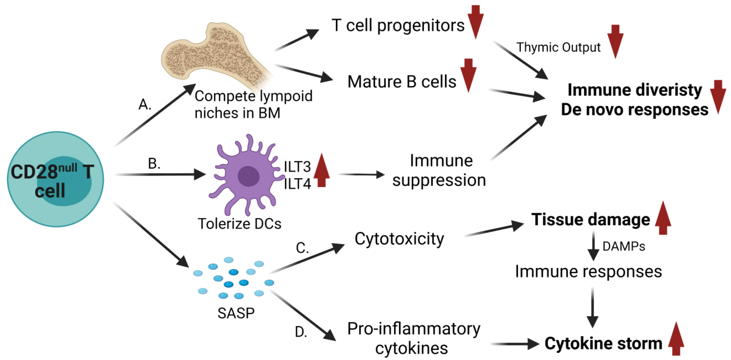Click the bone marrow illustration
point(216,57)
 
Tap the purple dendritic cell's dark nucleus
point(248,176)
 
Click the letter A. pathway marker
point(145,104)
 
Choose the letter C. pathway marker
point(302,248)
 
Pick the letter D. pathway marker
point(301,332)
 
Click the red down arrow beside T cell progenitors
point(476,22)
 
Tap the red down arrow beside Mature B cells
point(468,75)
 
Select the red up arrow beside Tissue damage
point(663,218)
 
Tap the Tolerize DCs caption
point(239,223)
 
